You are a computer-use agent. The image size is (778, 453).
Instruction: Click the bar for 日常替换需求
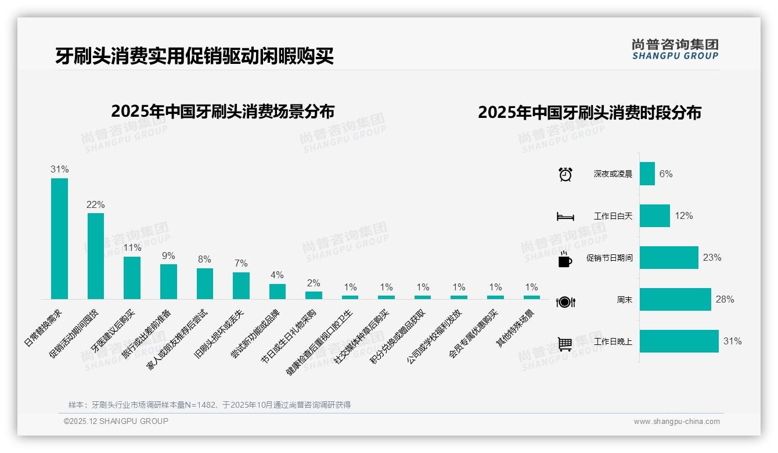59,239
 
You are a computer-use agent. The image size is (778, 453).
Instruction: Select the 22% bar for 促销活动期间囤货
96,256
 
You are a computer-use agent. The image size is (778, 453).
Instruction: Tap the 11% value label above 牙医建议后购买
132,247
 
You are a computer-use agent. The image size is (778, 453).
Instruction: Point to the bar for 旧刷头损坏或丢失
241,286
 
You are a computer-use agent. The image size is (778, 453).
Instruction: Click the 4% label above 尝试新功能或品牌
277,275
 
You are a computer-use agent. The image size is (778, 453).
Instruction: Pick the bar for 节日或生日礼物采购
314,295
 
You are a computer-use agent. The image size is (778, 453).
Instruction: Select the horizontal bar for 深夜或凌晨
647,174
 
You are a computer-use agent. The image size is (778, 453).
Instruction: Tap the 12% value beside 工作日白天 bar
683,215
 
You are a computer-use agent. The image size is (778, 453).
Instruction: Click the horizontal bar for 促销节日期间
669,257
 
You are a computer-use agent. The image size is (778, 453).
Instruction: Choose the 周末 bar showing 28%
675,300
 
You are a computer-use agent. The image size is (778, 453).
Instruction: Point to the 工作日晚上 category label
613,341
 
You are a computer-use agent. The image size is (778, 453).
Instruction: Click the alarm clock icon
565,174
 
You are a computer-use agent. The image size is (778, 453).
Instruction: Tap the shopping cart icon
565,344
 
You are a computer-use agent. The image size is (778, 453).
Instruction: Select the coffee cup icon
564,260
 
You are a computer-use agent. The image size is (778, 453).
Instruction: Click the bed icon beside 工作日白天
565,217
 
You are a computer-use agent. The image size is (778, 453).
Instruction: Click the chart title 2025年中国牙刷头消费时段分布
589,112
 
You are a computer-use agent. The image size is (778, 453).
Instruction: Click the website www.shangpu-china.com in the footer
676,422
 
